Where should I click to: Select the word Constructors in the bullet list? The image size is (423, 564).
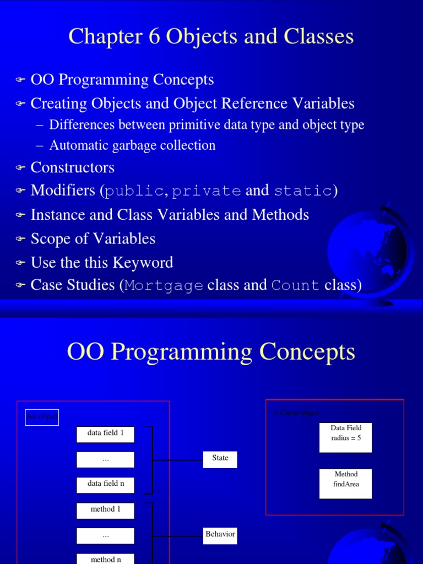click(x=72, y=167)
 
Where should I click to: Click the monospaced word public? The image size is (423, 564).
click(x=134, y=191)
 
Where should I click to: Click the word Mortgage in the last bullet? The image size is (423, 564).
click(x=164, y=285)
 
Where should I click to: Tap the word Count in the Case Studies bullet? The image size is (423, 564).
click(x=295, y=285)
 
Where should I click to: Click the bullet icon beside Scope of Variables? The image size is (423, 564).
click(x=20, y=239)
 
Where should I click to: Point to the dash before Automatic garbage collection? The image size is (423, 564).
click(x=39, y=145)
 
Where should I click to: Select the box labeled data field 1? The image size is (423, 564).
click(x=105, y=434)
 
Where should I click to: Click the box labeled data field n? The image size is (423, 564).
click(x=105, y=485)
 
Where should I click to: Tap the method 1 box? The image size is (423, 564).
click(x=105, y=510)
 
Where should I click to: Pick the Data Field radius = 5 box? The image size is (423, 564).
click(x=345, y=437)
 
